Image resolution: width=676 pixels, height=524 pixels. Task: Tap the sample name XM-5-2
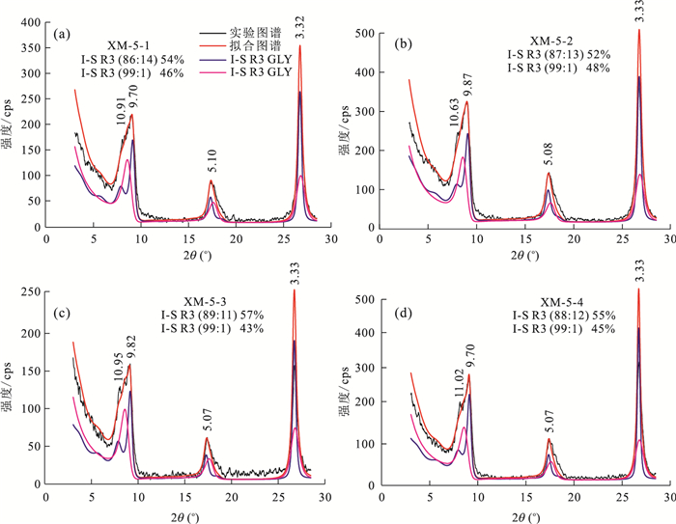point(553,41)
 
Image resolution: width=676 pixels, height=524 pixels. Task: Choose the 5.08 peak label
point(550,159)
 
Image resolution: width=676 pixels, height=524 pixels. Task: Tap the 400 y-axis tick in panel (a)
point(31,21)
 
